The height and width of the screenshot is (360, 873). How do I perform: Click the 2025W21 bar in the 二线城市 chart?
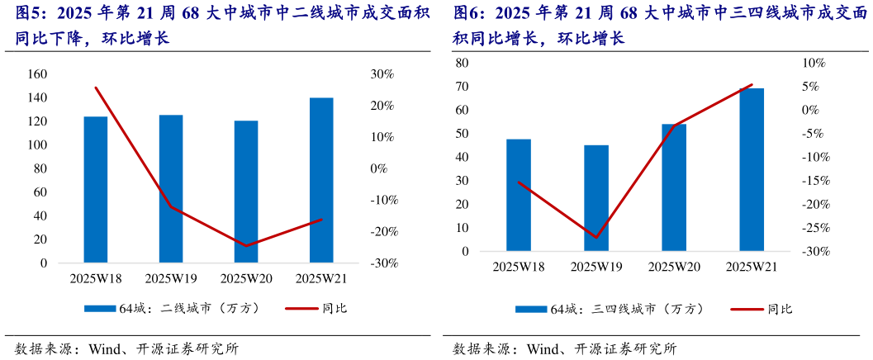pyautogui.click(x=321, y=181)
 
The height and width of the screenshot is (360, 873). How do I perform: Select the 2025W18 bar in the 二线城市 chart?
pyautogui.click(x=96, y=190)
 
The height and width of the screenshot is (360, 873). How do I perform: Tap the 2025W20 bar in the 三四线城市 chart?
pyautogui.click(x=674, y=187)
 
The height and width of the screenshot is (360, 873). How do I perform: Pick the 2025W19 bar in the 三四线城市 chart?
pyautogui.click(x=596, y=198)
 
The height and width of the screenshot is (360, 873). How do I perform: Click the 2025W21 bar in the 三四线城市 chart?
pyautogui.click(x=752, y=169)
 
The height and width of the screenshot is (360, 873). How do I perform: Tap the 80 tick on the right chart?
pyautogui.click(x=462, y=63)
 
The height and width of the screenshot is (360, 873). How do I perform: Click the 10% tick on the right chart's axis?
pyautogui.click(x=806, y=63)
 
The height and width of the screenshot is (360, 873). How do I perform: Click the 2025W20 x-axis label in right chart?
pyautogui.click(x=674, y=267)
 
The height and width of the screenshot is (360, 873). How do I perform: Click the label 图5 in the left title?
pyautogui.click(x=21, y=13)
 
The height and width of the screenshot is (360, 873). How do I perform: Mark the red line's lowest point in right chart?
pyautogui.click(x=596, y=238)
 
